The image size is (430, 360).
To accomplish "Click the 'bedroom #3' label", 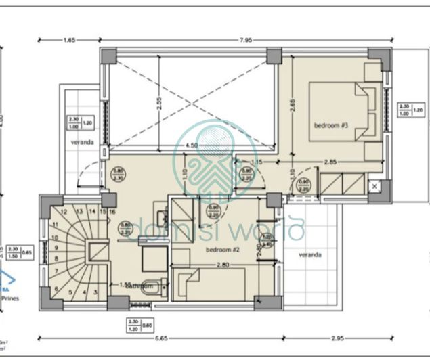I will click(330, 126).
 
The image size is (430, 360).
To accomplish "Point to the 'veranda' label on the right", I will click(310, 255).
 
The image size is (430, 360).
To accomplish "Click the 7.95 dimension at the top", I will click(245, 41).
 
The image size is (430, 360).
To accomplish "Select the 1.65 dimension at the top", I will click(68, 41).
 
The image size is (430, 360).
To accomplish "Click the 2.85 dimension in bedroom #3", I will click(330, 162).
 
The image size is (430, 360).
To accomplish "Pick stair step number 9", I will click(53, 248).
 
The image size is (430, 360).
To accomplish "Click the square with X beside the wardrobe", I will click(374, 185).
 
